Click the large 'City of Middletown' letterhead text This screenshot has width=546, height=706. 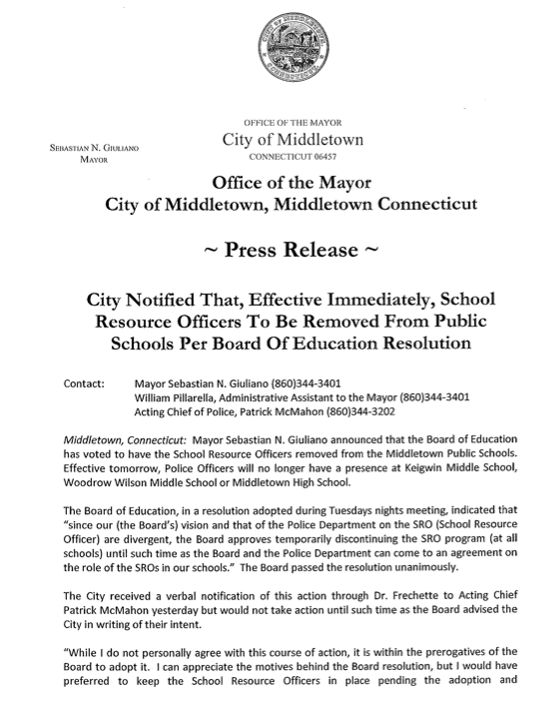point(292,140)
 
